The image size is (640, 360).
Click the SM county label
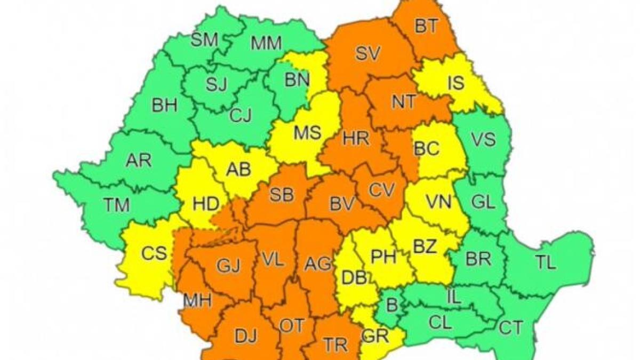point(204,40)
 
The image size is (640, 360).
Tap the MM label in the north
point(266,44)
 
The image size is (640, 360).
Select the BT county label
point(425,27)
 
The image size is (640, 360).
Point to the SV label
point(368,53)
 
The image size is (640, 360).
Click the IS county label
point(456,83)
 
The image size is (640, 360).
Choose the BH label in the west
point(164,106)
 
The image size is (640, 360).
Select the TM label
point(115,205)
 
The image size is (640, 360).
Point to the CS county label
point(154,253)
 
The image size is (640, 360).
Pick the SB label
point(282,195)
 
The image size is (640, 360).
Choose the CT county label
point(510,327)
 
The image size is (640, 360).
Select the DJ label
point(245,336)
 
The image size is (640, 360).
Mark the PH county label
point(383,257)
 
